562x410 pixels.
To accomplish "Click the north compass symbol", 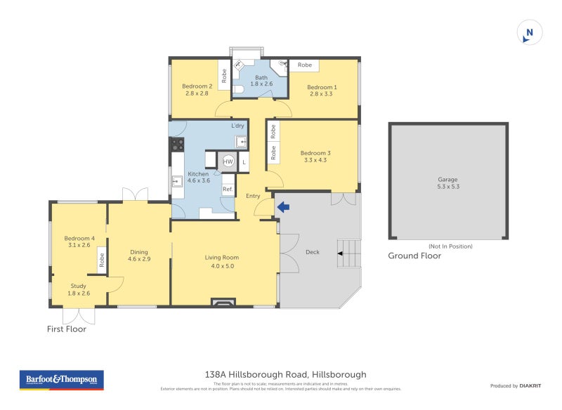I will pyautogui.click(x=530, y=32).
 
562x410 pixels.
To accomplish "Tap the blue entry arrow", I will pyautogui.click(x=282, y=207).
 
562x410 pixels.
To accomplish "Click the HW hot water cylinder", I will pyautogui.click(x=228, y=161).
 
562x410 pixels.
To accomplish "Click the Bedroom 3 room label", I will pyautogui.click(x=314, y=156).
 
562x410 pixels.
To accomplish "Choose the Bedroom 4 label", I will pyautogui.click(x=79, y=242).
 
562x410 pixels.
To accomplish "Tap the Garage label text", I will pyautogui.click(x=447, y=183).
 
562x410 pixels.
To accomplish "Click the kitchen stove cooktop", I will pyautogui.click(x=178, y=145).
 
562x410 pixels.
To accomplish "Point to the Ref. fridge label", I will pyautogui.click(x=228, y=190).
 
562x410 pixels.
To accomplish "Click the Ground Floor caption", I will pyautogui.click(x=414, y=256).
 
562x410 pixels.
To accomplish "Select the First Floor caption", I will pyautogui.click(x=67, y=329).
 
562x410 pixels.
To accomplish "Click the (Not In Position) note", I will pyautogui.click(x=450, y=246).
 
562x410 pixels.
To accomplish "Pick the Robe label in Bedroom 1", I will pyautogui.click(x=305, y=65).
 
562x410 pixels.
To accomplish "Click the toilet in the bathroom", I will pyautogui.click(x=238, y=90).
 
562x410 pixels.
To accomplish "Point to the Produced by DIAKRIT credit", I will pyautogui.click(x=514, y=385).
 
